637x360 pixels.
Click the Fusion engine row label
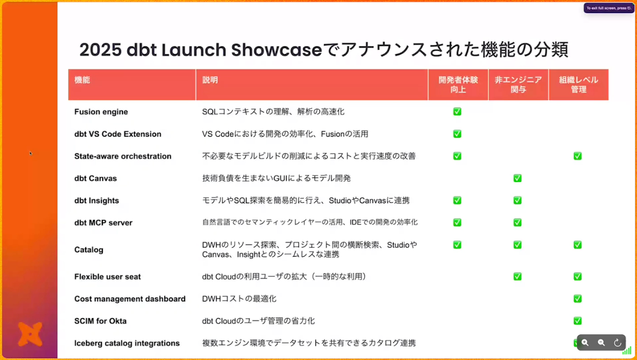pos(101,112)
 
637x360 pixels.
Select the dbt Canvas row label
pos(96,178)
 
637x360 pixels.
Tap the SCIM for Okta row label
pos(100,321)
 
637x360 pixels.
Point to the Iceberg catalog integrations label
pos(127,343)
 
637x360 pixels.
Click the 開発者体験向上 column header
pos(458,85)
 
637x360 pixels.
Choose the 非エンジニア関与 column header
pos(518,85)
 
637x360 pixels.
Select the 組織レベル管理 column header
pos(579,85)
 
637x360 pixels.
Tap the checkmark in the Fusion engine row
pos(457,111)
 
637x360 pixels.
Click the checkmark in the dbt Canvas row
pos(518,178)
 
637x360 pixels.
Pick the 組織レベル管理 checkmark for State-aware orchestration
pos(578,156)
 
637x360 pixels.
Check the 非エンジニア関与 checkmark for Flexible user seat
pos(518,276)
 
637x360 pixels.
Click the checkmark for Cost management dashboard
pos(578,298)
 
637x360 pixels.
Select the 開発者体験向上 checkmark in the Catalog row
pos(457,245)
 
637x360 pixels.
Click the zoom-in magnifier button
pos(585,342)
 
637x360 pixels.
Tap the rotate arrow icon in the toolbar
pos(617,342)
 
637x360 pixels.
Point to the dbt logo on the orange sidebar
pos(30,334)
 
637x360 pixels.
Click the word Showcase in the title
pos(277,50)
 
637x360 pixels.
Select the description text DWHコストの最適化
pos(239,298)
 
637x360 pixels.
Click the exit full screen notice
pos(609,8)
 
